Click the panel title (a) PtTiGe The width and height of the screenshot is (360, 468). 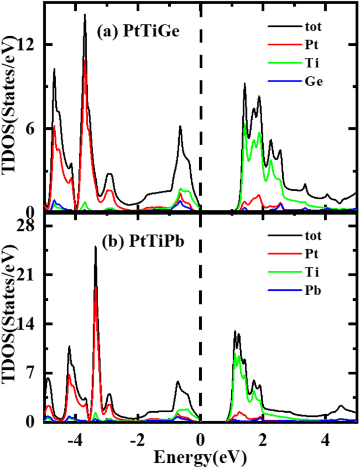138,31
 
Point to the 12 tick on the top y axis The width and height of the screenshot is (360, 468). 27,45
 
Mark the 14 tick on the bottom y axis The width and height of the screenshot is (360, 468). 27,324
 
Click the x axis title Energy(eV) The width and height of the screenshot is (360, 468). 200,455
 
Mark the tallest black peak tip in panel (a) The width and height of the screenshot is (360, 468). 85,15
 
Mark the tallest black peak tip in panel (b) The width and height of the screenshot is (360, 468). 95,247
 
